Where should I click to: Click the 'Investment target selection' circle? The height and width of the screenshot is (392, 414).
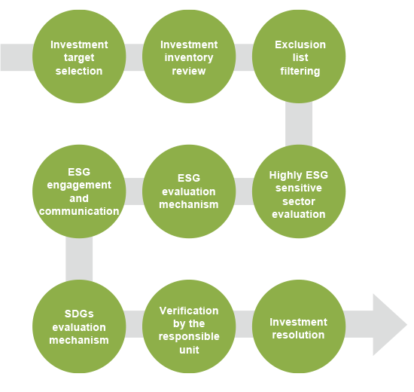point(79,57)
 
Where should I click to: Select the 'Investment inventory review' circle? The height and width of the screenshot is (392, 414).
point(189,57)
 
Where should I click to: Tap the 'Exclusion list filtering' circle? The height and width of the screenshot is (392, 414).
point(299,57)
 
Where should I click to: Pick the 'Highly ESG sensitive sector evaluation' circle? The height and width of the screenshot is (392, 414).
point(299,191)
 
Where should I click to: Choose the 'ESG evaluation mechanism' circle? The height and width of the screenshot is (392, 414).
point(189,191)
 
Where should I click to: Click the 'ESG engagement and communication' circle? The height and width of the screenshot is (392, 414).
point(79,191)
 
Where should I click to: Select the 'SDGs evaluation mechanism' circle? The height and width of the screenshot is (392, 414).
point(79,326)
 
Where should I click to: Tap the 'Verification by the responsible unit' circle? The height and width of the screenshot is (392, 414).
point(189,326)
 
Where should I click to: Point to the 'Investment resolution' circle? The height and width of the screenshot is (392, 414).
point(299,326)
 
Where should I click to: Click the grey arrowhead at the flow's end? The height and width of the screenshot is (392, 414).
point(388,325)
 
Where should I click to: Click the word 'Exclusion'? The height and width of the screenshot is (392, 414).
point(300,44)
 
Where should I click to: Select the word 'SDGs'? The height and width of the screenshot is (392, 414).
point(79,314)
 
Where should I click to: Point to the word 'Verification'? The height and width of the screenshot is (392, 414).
point(189,311)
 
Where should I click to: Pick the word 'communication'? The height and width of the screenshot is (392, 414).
point(79,211)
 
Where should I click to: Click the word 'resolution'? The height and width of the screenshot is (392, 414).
point(298,335)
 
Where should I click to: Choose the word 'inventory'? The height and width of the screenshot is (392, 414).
point(189,57)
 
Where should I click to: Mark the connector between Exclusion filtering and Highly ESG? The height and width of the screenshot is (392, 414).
point(299,124)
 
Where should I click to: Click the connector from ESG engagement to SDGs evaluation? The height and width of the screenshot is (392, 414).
point(79,259)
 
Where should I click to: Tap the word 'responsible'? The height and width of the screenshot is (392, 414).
point(189,337)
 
